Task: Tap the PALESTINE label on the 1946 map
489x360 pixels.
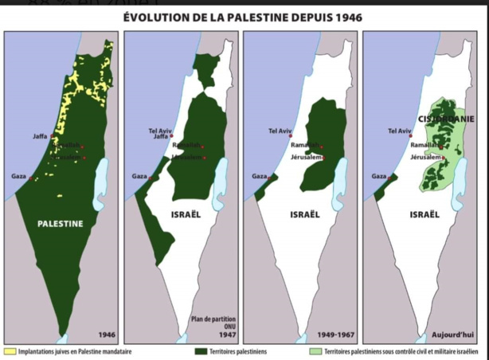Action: pos(61,224)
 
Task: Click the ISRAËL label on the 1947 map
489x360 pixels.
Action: pos(186,214)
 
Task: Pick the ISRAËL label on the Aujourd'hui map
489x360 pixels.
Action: pos(424,214)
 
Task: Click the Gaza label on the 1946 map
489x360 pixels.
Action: pos(18,176)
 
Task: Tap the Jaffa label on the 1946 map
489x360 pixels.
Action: pos(40,137)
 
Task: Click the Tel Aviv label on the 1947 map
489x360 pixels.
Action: pos(160,130)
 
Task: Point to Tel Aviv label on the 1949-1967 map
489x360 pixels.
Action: pos(280,130)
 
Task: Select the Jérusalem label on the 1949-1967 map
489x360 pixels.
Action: pos(306,158)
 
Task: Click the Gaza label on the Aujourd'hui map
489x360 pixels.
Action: pos(378,176)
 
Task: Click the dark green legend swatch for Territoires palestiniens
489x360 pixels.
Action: pos(201,351)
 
